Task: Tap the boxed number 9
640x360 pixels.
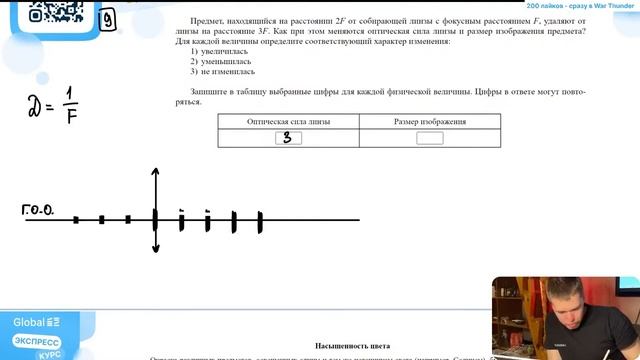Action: coord(106,16)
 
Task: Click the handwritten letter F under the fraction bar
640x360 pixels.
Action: coord(73,115)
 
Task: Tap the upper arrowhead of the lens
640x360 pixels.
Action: coord(155,171)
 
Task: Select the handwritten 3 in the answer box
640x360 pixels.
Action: coord(288,138)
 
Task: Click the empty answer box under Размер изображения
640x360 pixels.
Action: coord(429,138)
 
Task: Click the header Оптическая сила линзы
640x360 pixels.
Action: coord(288,122)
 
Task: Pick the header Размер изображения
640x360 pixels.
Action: coord(429,122)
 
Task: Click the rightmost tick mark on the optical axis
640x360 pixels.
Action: coord(260,221)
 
